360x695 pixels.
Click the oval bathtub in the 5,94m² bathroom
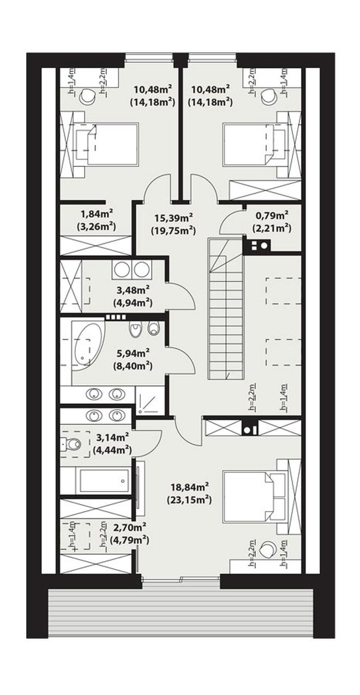(87, 345)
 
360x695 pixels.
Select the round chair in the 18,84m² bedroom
(267, 549)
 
